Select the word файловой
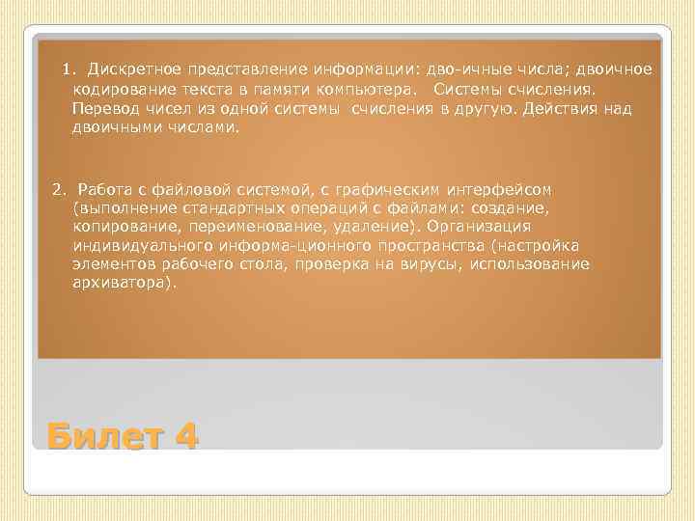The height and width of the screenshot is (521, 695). click(187, 188)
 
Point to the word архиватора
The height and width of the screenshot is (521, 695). click(125, 283)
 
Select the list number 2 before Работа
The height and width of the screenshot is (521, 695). click(57, 188)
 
